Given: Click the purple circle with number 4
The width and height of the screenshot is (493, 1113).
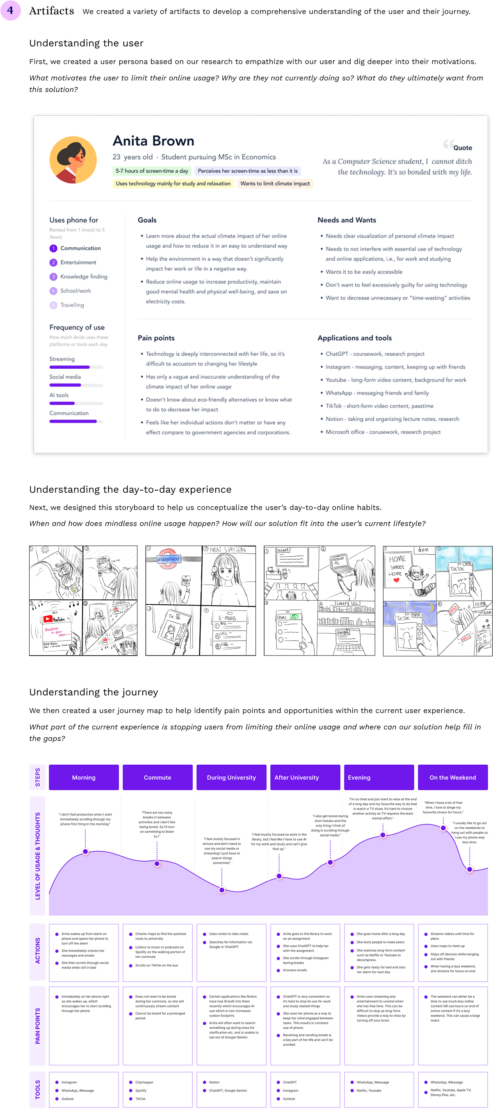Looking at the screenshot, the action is pos(10,10).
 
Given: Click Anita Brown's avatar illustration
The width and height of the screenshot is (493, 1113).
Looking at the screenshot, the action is pos(73,160).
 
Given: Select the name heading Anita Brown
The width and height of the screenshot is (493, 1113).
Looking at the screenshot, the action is pos(153,141).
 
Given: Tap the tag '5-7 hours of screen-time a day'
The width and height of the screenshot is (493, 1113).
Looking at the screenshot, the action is pos(152,171).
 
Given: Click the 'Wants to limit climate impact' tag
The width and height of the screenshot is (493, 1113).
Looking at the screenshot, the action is pos(275,184).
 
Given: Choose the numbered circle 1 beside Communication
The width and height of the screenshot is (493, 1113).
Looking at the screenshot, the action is pos(53,249).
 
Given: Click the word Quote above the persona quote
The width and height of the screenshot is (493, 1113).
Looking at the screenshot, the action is pos(462,148).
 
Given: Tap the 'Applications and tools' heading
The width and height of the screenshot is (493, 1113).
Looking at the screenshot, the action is pos(354,338).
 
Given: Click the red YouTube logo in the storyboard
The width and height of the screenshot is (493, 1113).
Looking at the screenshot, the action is pos(48,619).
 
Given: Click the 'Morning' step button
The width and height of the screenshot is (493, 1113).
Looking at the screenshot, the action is pos(84,777).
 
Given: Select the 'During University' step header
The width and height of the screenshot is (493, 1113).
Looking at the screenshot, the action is pos(231,777).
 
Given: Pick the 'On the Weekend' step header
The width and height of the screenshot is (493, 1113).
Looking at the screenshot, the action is pos(452,777).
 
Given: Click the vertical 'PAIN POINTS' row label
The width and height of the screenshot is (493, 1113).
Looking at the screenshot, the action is pos(38,1026).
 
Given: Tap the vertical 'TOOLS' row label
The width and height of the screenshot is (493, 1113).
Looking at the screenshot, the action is pos(38,1090).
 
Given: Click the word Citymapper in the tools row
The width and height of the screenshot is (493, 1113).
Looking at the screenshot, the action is pos(144,1082).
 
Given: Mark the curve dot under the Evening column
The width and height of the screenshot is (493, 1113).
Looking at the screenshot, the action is pos(383,835).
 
